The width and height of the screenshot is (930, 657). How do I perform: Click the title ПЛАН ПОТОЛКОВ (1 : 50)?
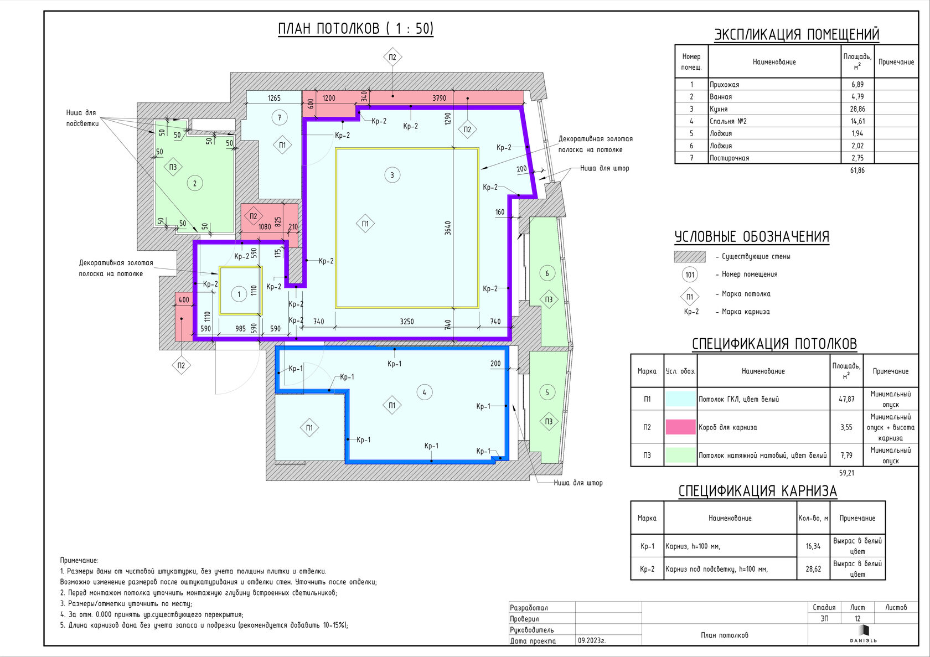[x=356, y=29]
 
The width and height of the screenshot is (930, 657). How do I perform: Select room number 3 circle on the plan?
[x=392, y=175]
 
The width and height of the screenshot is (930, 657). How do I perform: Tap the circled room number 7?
[x=280, y=118]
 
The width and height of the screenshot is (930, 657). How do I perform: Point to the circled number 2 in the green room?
[x=195, y=183]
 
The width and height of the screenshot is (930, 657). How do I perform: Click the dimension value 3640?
[x=447, y=228]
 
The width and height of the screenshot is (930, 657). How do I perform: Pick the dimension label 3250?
[x=407, y=322]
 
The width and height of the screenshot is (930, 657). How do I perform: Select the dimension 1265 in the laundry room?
[x=274, y=99]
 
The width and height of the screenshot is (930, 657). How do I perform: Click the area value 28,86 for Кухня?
[x=857, y=109]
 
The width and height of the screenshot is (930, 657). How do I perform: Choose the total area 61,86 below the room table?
[x=857, y=170]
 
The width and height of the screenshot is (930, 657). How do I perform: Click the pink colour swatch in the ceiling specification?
[x=680, y=427]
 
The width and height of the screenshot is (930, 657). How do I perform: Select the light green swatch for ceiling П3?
[x=680, y=456]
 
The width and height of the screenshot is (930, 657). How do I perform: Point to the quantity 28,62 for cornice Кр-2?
[x=813, y=569]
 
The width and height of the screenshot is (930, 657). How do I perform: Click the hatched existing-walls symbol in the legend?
[x=690, y=256]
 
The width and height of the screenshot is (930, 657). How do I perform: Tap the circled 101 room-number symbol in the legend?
[x=690, y=275]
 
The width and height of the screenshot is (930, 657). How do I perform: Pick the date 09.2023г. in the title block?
[x=592, y=641]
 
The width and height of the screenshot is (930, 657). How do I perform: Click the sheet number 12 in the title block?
[x=857, y=618]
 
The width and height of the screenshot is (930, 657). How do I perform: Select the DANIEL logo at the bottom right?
[x=863, y=634]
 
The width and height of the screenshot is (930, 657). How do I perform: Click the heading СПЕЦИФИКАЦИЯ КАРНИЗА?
[x=758, y=491]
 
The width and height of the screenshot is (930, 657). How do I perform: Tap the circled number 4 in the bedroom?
[x=424, y=392]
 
